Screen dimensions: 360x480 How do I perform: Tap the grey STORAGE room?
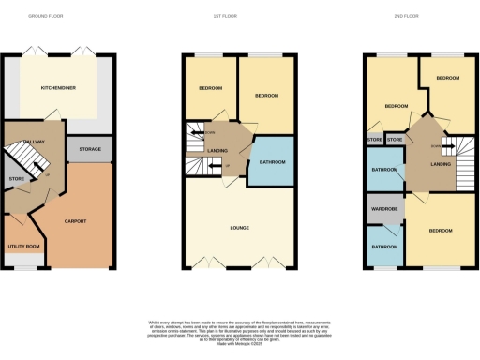pyautogui.click(x=91, y=148)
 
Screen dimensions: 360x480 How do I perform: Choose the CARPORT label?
pyautogui.click(x=76, y=221)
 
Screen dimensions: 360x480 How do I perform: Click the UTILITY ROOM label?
pyautogui.click(x=22, y=246)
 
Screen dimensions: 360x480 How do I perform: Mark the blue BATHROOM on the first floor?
pyautogui.click(x=266, y=162)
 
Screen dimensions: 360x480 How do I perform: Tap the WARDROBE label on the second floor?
pyautogui.click(x=384, y=210)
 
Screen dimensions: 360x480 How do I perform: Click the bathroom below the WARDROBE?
pyautogui.click(x=384, y=247)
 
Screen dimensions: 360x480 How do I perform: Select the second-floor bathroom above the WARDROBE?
pyautogui.click(x=384, y=170)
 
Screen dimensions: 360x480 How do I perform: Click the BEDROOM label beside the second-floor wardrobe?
pyautogui.click(x=441, y=230)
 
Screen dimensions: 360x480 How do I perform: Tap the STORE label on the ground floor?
pyautogui.click(x=16, y=177)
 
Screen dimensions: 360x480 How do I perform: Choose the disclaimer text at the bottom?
pyautogui.click(x=240, y=328)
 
